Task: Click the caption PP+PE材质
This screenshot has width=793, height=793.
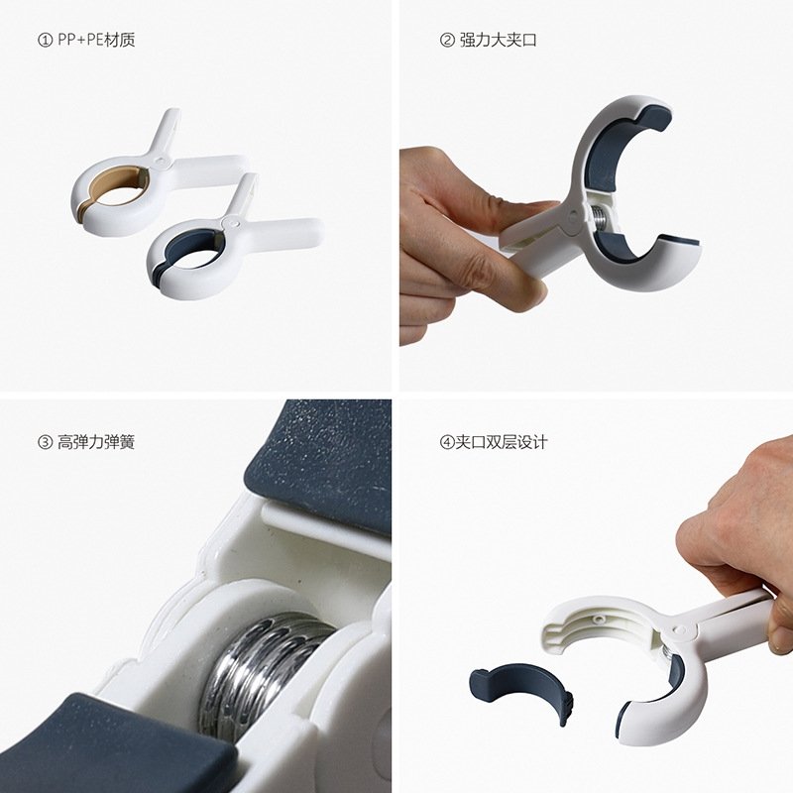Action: (96, 40)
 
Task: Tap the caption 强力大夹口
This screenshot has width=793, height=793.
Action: (498, 40)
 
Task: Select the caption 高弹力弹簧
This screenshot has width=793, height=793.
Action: (96, 442)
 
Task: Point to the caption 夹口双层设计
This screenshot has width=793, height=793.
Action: (502, 442)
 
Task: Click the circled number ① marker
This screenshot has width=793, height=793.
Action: (45, 40)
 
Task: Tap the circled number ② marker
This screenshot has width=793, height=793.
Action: (447, 40)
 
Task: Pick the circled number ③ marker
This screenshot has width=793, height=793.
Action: (45, 442)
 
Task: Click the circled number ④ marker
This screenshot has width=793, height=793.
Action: (447, 442)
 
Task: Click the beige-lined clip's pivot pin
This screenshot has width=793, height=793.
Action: (161, 162)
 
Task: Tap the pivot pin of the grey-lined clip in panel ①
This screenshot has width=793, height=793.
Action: (232, 222)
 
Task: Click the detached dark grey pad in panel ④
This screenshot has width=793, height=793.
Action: (521, 691)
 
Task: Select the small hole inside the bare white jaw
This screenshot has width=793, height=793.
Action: (599, 618)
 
